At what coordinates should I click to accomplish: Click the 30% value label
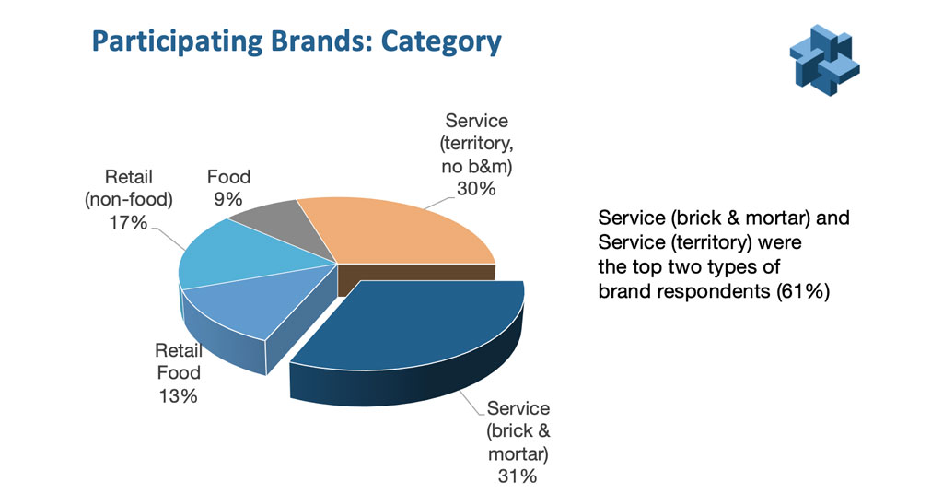(476, 189)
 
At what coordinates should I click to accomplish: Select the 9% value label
(228, 199)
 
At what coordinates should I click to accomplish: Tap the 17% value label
(128, 223)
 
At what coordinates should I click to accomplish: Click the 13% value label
(178, 396)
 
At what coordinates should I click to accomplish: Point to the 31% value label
(518, 476)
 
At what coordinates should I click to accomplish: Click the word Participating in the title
(177, 42)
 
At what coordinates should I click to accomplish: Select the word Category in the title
(441, 42)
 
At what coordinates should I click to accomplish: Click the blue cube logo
(824, 60)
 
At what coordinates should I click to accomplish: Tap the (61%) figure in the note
(803, 291)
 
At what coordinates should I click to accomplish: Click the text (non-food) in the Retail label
(129, 200)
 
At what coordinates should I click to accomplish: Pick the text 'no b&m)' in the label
(476, 167)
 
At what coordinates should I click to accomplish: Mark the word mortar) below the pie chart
(518, 453)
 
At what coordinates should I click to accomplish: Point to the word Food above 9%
(228, 177)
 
